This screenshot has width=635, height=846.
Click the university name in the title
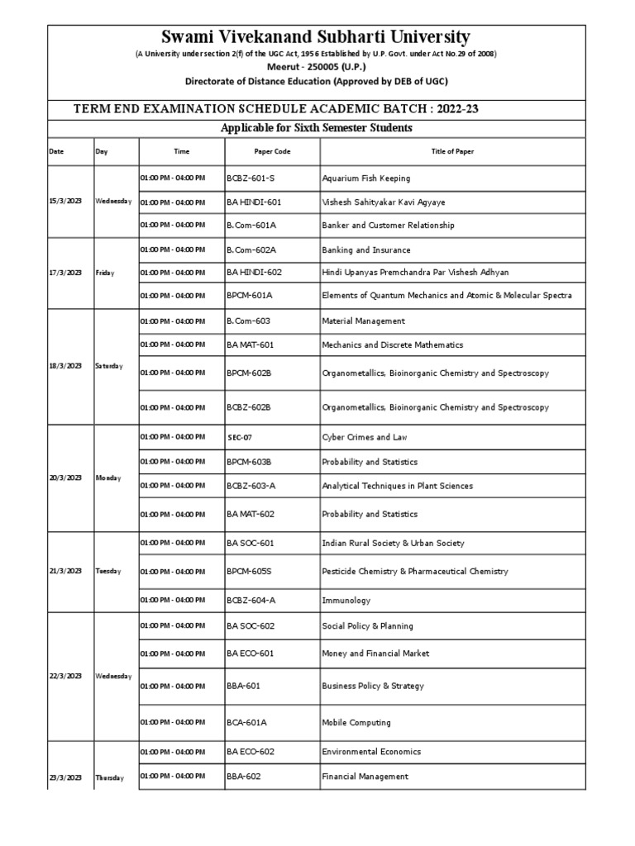coord(316,37)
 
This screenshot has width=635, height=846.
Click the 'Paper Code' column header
coord(272,152)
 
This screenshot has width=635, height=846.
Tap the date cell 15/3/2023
coord(65,202)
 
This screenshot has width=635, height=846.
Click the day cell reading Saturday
coord(110,366)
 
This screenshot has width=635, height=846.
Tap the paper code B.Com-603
coord(248,321)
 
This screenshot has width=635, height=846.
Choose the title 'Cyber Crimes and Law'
coord(364,437)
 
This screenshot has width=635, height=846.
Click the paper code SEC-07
coord(239,437)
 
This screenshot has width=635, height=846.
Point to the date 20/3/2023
coord(65,478)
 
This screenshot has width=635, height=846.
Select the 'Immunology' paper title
coord(346,601)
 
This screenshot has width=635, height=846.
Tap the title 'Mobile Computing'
coord(356,723)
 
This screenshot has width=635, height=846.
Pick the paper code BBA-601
coord(243,686)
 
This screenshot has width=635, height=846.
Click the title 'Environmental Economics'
coord(371,752)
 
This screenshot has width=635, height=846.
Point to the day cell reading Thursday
coord(110,777)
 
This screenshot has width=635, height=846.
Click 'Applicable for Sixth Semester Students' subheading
coord(316,128)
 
